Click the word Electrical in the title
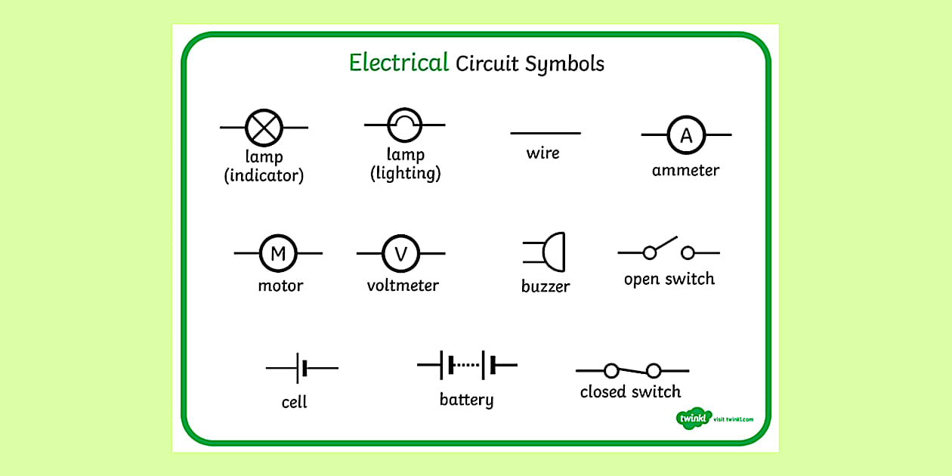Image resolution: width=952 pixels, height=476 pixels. coord(398,63)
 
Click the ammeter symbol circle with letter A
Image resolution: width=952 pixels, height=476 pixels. coord(686,135)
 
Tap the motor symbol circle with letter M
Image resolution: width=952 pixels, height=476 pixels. coord(278,253)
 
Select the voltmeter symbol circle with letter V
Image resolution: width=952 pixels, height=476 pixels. coord(401,253)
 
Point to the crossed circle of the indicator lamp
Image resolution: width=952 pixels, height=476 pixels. coord(264,127)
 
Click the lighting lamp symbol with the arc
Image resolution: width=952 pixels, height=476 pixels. coord(404,125)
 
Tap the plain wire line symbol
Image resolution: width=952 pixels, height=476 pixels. coord(546,134)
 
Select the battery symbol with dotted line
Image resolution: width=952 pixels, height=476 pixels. coord(468,365)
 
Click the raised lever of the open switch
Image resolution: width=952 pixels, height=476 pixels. coord(664,244)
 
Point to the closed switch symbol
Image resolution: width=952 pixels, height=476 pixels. coord(632,371)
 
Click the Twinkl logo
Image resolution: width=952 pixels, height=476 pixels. coord(692,418)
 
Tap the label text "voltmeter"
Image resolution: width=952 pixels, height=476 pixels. coord(403,286)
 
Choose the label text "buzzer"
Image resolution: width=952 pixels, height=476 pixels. coord(546,287)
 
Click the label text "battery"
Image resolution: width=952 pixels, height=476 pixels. coord(466,400)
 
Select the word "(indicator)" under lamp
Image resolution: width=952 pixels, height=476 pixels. coord(264,176)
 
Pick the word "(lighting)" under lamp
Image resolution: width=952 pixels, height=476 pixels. coord(405,174)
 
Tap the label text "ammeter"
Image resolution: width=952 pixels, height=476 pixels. coord(685,171)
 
